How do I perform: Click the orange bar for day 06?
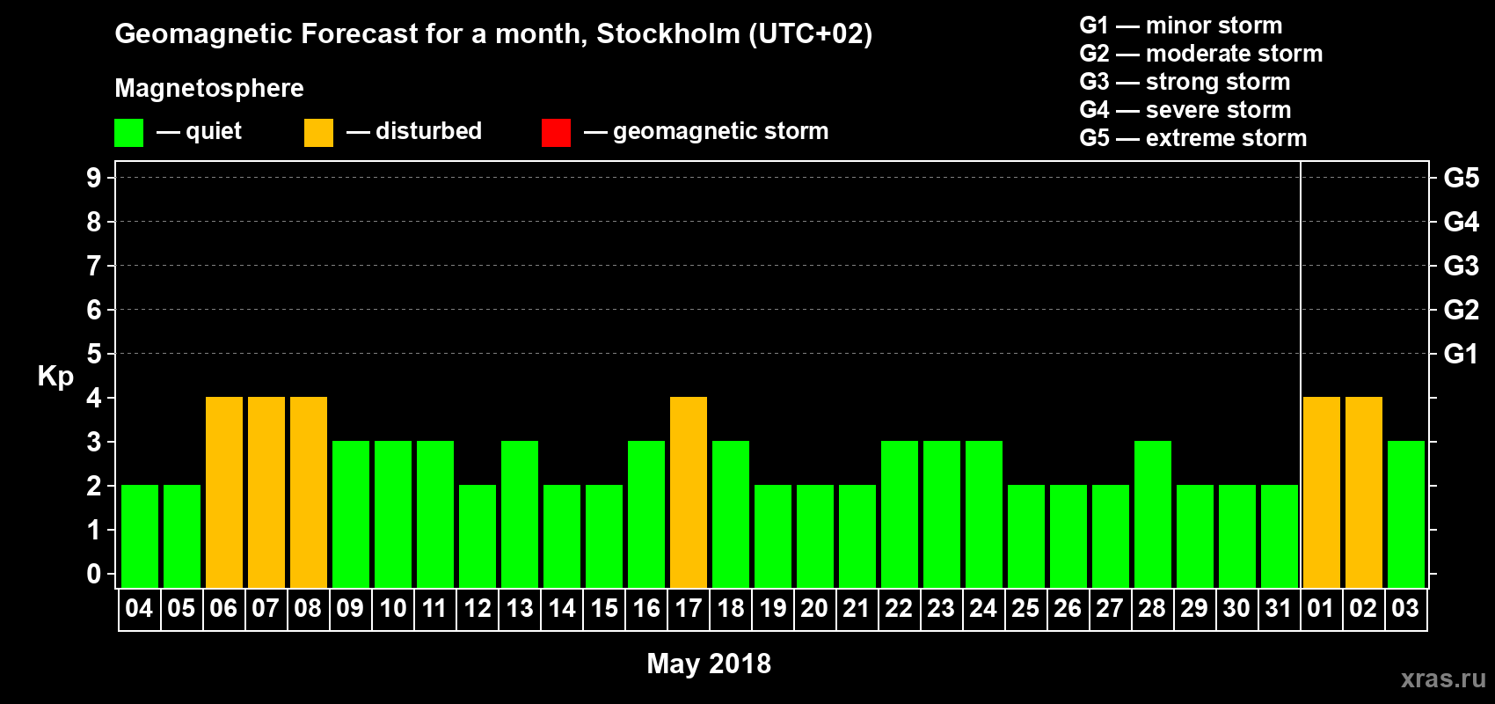[x=224, y=492]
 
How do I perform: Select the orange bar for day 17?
[x=689, y=492]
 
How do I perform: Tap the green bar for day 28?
[x=1153, y=514]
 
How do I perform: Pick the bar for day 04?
[x=140, y=536]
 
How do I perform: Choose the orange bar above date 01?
[x=1322, y=492]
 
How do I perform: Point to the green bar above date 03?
[x=1406, y=514]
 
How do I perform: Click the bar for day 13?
[x=520, y=514]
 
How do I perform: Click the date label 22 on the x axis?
[x=899, y=609]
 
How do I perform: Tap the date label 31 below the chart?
[x=1279, y=609]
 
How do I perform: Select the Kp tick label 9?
[x=94, y=178]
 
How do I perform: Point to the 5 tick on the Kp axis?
[x=94, y=354]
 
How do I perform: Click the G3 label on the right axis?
[x=1461, y=266]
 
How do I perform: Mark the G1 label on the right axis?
[x=1461, y=354]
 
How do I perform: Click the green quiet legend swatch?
[x=129, y=133]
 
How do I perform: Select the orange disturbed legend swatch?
[x=318, y=133]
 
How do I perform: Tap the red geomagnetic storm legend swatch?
[x=556, y=133]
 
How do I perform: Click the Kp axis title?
[x=55, y=376]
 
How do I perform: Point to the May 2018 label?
[x=709, y=664]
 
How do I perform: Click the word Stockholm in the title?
[x=668, y=34]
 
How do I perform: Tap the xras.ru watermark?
[x=1443, y=678]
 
